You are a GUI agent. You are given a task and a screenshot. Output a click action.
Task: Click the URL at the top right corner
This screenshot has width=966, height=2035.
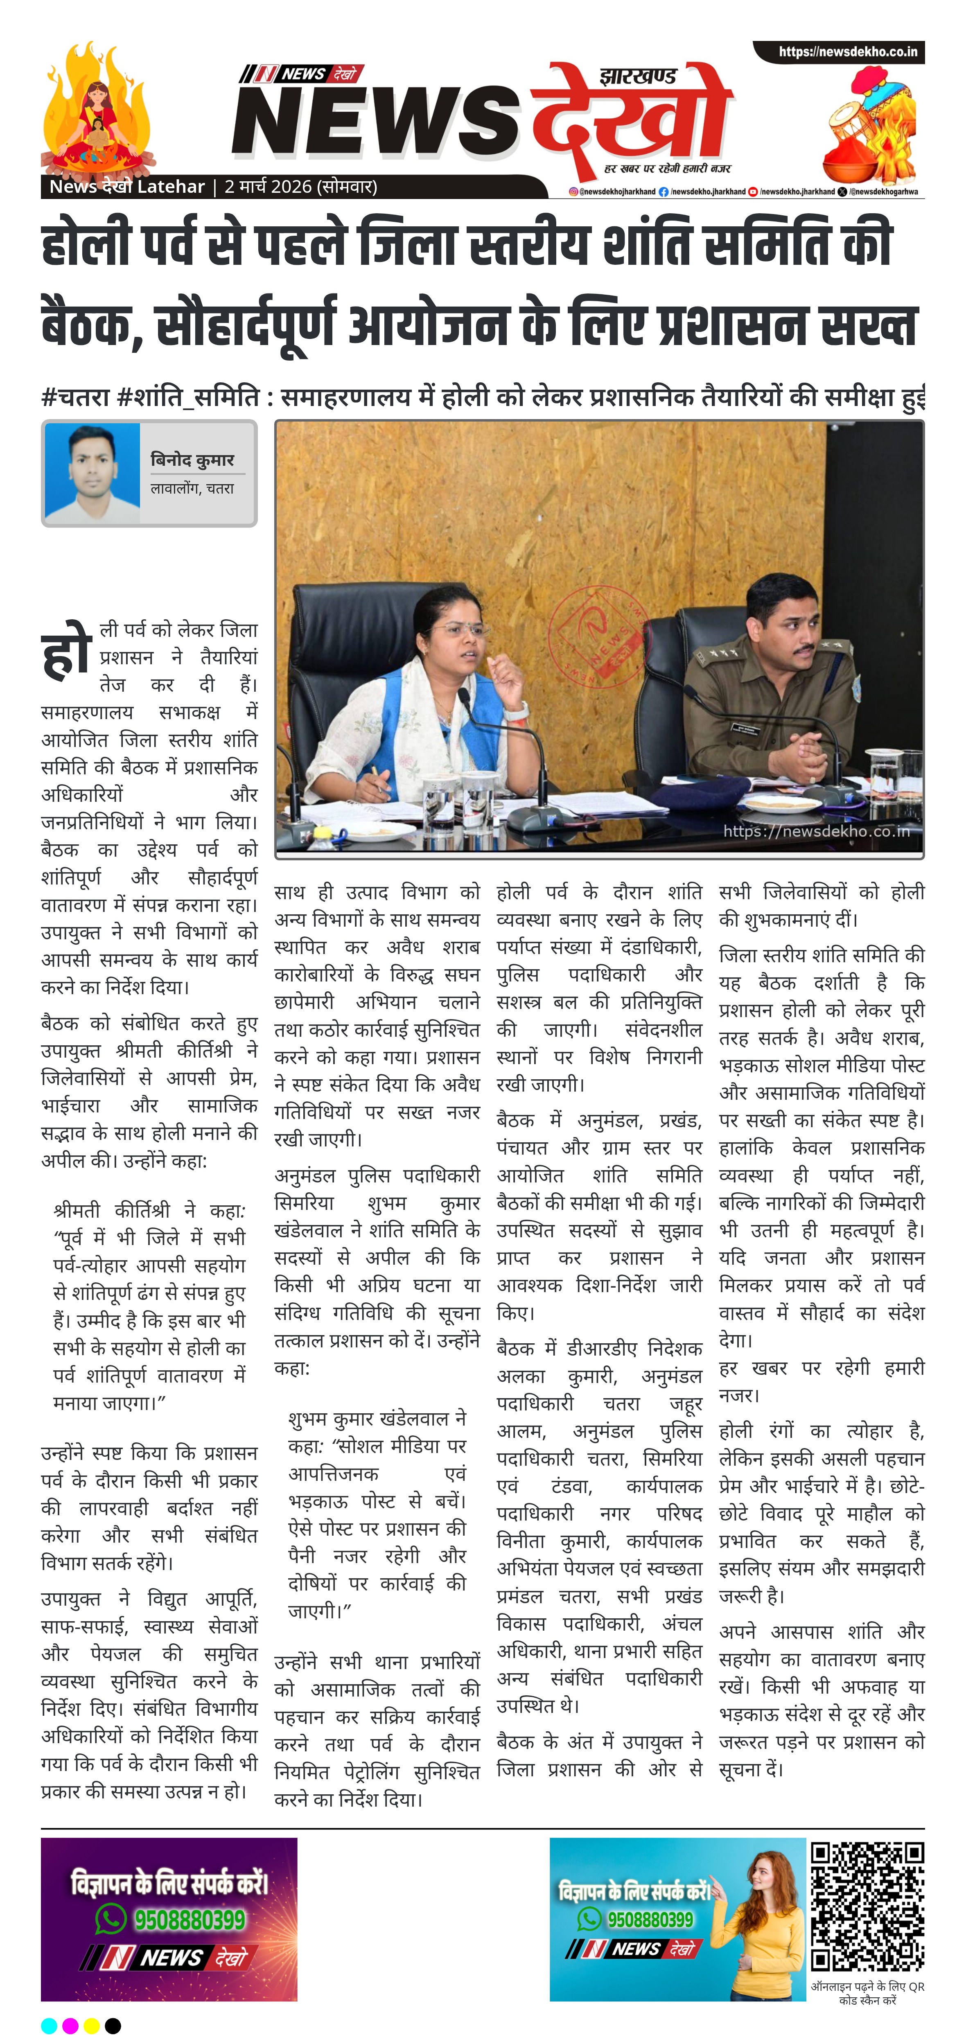[848, 52]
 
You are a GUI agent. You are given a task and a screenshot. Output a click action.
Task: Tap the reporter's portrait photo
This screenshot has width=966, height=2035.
[93, 472]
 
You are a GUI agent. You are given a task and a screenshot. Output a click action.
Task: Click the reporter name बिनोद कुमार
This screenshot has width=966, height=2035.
[192, 460]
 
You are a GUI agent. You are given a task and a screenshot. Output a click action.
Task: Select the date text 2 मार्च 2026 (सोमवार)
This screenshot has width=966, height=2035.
[300, 187]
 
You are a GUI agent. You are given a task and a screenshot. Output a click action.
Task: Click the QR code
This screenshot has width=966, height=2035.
[867, 1906]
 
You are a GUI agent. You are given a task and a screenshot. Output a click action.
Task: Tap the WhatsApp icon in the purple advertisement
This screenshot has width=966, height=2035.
[111, 1918]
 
